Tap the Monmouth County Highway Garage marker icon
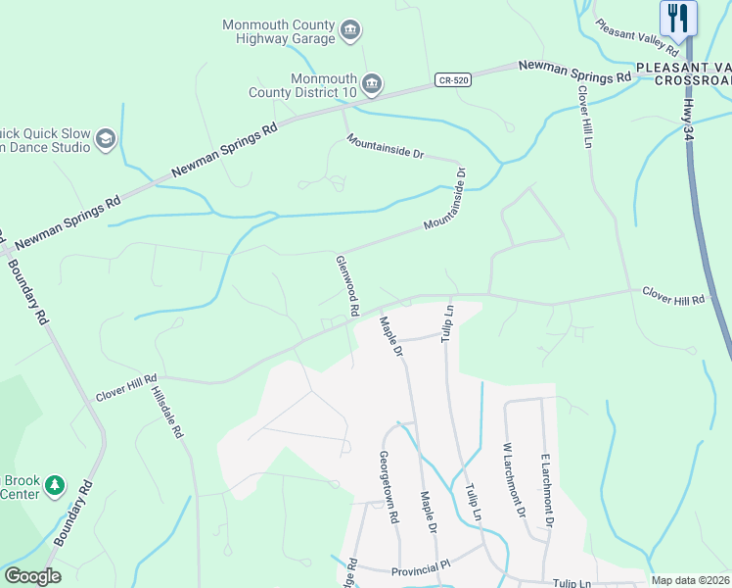[350, 32]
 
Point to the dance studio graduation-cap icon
[106, 140]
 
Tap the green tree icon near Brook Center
[56, 484]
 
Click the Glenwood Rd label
[346, 285]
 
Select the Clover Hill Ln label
[585, 117]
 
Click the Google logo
[32, 576]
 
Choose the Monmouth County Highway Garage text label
[279, 31]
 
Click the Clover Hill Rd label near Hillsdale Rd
[126, 388]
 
